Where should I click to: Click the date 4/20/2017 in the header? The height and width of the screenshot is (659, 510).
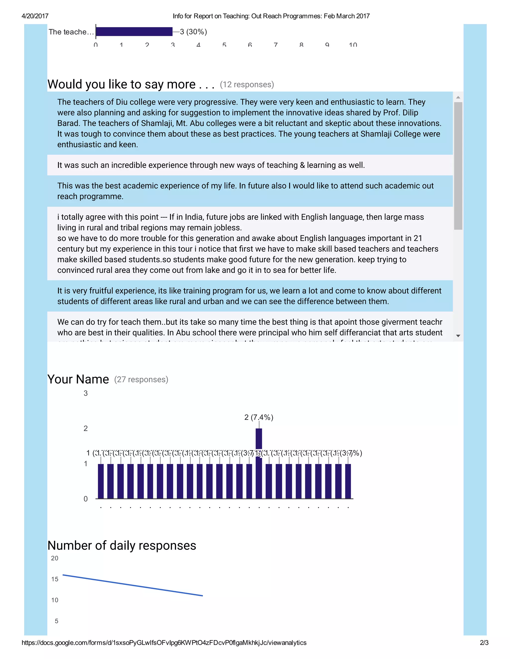point(35,16)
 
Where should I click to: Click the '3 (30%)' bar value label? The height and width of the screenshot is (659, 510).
point(193,32)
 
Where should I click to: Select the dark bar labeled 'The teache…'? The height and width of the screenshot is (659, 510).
point(134,32)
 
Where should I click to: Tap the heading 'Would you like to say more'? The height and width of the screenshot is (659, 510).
point(130,84)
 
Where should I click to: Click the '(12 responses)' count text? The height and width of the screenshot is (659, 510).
point(247,85)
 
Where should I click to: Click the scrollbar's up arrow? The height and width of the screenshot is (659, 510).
point(458,97)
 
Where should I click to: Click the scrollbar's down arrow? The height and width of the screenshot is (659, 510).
point(458,336)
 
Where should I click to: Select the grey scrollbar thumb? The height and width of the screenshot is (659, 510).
point(458,166)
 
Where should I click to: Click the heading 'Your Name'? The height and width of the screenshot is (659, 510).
point(78,379)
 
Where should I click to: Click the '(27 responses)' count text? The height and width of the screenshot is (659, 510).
point(141,379)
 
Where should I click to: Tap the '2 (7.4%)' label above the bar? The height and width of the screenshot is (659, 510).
point(259,417)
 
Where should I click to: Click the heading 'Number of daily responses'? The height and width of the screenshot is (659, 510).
point(122,546)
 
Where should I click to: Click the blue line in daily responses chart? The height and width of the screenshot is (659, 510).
point(133,586)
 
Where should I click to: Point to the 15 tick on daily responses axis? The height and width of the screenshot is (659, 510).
point(55,579)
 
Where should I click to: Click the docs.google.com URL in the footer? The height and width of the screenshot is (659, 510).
point(164,643)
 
